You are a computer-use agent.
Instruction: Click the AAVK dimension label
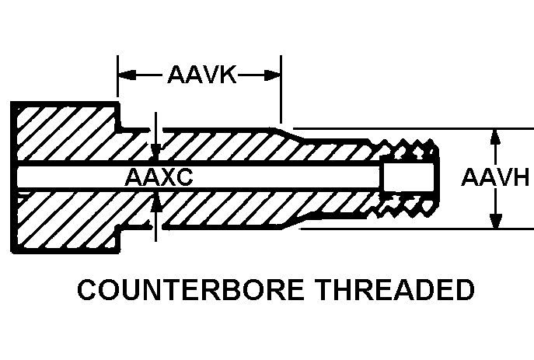[x=198, y=75]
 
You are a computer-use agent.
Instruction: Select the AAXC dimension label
[x=159, y=178]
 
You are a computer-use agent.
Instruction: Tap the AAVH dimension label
[x=494, y=178]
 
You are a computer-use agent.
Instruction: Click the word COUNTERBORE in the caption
[x=183, y=290]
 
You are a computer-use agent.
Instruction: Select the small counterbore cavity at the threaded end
[x=408, y=178]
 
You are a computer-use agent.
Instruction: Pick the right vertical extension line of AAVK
[x=281, y=93]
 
